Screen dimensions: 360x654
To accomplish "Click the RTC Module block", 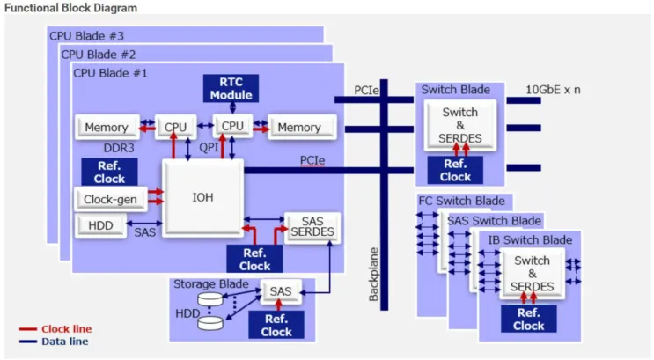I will tap(231, 88).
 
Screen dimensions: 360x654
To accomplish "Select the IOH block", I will tap(203, 196).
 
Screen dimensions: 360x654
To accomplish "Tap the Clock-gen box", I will tap(110, 199).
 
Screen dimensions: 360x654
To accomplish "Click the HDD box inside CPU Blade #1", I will tap(101, 226).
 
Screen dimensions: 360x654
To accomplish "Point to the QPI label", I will tap(208, 148).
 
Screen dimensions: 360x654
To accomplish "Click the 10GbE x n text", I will tap(553, 90).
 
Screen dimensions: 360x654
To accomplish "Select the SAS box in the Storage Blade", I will tap(280, 290).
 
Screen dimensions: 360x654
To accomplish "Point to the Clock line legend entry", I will tap(66, 329).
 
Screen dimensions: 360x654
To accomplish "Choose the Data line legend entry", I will tap(64, 342).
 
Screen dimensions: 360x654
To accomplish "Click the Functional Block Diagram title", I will tap(70, 8).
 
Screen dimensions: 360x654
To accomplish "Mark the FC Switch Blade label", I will tap(461, 202).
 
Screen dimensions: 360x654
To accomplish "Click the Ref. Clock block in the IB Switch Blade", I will tap(528, 319).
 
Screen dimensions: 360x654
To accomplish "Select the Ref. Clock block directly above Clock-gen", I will tap(109, 172).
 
